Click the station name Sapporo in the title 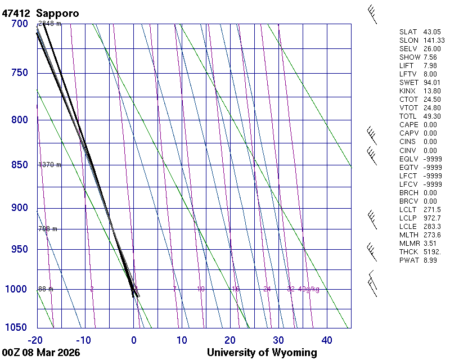[57, 13]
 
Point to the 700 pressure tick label [20, 24]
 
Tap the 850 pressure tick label [20, 165]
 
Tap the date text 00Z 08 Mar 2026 [40, 353]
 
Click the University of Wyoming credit [262, 353]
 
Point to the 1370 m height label [49, 165]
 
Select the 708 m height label [48, 229]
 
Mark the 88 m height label [46, 289]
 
